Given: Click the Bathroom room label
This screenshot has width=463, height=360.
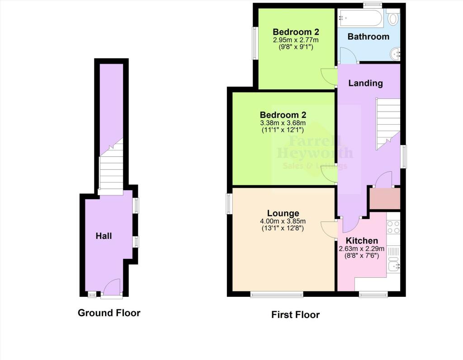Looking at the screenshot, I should pos(368,37).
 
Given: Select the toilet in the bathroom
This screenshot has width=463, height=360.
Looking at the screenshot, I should pos(393,19).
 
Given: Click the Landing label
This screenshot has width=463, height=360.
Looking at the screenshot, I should pos(366,83).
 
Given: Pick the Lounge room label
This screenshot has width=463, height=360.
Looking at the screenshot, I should pos(283,213).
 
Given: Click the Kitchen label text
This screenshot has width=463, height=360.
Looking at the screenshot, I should pos(362,241).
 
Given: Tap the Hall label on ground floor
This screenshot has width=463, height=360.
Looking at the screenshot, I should pos(104,236).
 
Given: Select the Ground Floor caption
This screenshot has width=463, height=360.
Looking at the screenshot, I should pos(109,313).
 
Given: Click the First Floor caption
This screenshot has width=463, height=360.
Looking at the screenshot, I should pos(295,315).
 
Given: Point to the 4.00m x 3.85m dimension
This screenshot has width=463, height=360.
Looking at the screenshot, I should pos(283,221).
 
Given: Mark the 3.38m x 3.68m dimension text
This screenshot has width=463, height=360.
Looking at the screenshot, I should pos(283,123).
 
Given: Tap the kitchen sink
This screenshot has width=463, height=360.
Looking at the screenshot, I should pos(393,266).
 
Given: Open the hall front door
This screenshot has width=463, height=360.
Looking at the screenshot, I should pos(111,289).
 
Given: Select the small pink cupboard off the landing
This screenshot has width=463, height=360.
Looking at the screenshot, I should pos(385,199).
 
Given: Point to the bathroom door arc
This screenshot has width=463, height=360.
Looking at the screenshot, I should pos(348,56).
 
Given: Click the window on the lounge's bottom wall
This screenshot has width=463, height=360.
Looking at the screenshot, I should pos(277,295).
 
